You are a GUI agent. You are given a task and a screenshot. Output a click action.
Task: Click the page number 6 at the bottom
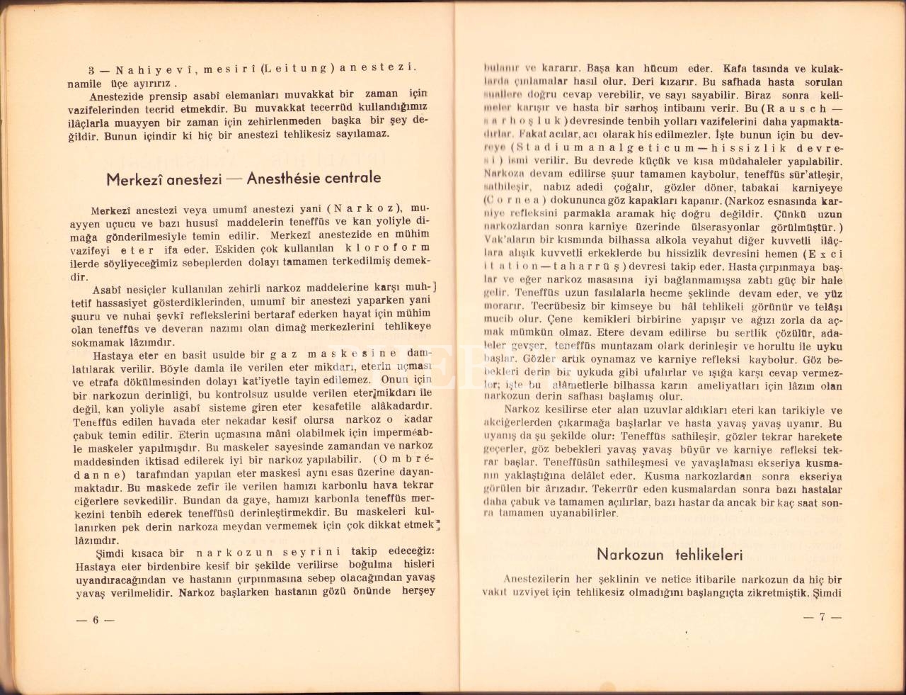(x=94, y=620)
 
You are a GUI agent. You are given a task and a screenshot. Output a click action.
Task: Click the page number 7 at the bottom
(x=822, y=616)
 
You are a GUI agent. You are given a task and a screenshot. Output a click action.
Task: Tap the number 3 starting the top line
(x=92, y=69)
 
